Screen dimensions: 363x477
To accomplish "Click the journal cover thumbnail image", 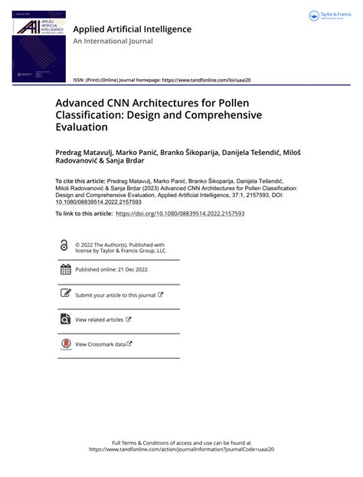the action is [x=37, y=47].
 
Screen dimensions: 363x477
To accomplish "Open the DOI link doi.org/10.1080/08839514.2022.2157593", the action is [x=180, y=213].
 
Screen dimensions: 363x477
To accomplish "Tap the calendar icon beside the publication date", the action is [x=64, y=269].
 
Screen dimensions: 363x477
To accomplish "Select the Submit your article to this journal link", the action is [x=116, y=294].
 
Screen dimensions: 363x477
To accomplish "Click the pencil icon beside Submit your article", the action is [x=64, y=294].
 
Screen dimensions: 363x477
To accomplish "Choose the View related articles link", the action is [x=100, y=319].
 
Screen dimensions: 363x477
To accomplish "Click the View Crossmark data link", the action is [x=100, y=344].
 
